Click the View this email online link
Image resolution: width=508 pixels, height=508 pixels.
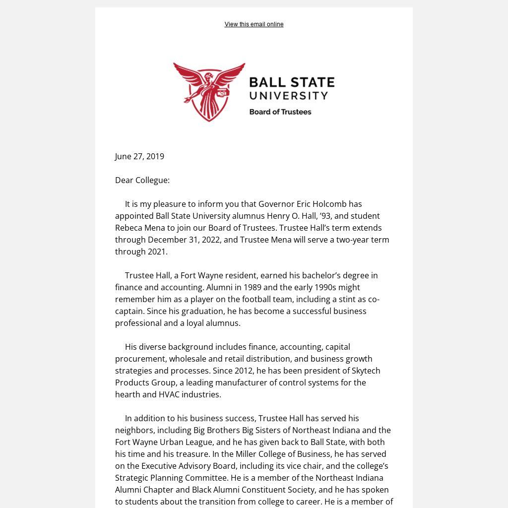(x=254, y=24)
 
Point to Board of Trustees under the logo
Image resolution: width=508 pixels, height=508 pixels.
(x=280, y=112)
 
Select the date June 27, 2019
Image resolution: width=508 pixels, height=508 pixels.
(x=139, y=156)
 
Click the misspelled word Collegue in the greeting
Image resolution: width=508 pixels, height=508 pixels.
(x=153, y=180)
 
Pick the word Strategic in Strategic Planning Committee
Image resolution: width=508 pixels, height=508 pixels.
(x=132, y=478)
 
